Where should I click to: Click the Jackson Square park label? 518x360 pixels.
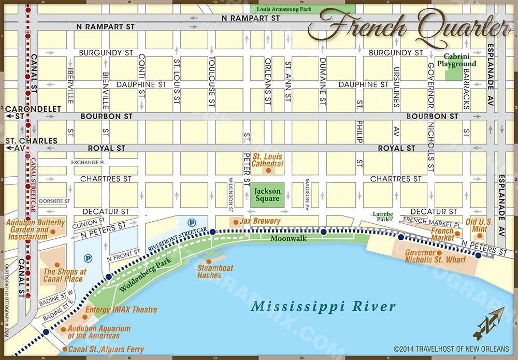[x=267, y=195]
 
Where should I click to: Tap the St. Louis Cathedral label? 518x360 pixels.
[x=267, y=160]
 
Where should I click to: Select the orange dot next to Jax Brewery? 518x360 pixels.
[x=236, y=222]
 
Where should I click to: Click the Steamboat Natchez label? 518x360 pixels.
[x=215, y=271]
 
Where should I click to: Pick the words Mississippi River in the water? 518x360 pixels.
[x=323, y=306]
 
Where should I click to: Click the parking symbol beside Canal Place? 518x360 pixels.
[x=88, y=257]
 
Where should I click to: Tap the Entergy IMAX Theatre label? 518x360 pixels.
[x=121, y=310]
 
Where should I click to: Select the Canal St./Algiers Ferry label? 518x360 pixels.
[x=106, y=349]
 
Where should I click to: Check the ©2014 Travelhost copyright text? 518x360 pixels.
[x=451, y=349]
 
